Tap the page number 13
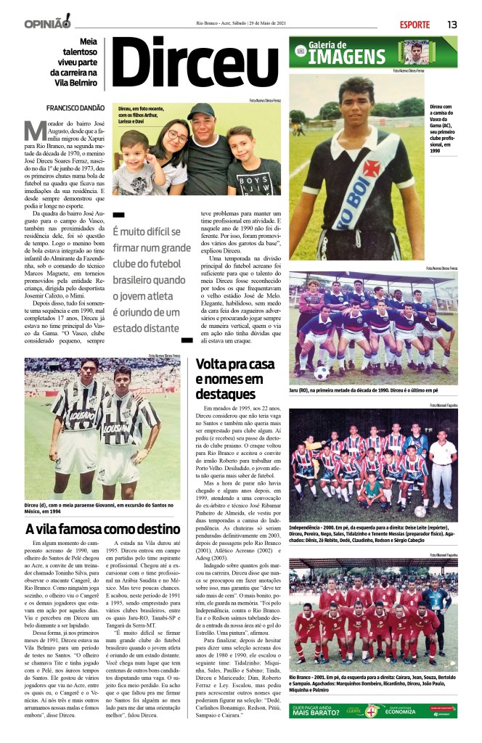pyautogui.click(x=452, y=24)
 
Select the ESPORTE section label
pyautogui.click(x=414, y=25)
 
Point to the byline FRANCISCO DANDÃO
pyautogui.click(x=73, y=108)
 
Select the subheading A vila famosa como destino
pyautogui.click(x=102, y=528)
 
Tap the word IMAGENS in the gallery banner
pyautogui.click(x=351, y=58)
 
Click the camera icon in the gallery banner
pyautogui.click(x=301, y=51)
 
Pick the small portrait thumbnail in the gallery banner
pyautogui.click(x=417, y=52)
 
